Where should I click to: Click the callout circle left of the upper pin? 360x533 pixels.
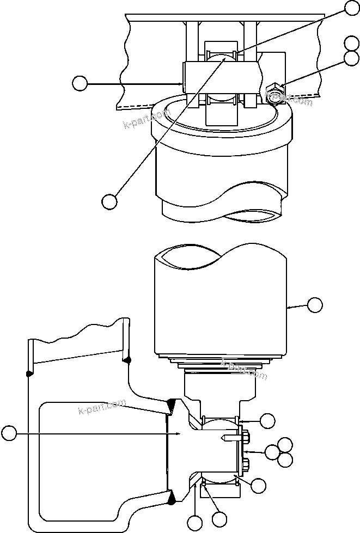point(80,83)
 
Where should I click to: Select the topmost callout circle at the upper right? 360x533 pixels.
point(352,7)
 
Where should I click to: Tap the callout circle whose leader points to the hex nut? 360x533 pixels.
point(352,58)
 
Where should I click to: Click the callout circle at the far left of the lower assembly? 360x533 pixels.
point(8,433)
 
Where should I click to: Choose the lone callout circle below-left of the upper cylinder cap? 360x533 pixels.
point(109,201)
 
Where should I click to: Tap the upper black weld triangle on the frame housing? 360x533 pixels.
point(171,405)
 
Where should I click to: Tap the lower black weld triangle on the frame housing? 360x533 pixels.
point(172,497)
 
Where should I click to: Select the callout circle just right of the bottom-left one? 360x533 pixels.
point(219,519)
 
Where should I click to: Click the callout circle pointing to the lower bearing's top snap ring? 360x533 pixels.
point(267,420)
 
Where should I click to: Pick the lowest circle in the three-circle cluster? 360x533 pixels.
point(285,460)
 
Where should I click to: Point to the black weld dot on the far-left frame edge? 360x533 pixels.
point(27,373)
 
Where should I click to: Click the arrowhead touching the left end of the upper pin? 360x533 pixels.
point(181,83)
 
